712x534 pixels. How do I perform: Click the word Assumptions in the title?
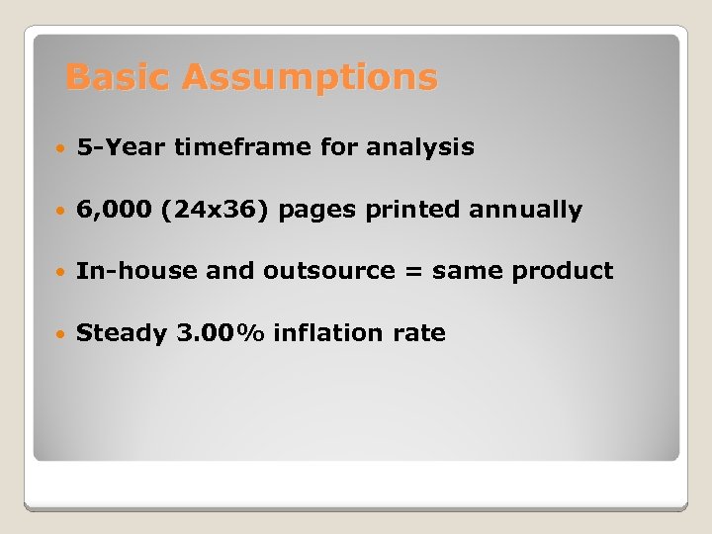[309, 77]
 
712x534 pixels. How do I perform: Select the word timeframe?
[243, 148]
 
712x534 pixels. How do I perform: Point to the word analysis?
[420, 148]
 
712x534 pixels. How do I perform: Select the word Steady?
[122, 333]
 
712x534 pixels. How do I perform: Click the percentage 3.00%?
[221, 333]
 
